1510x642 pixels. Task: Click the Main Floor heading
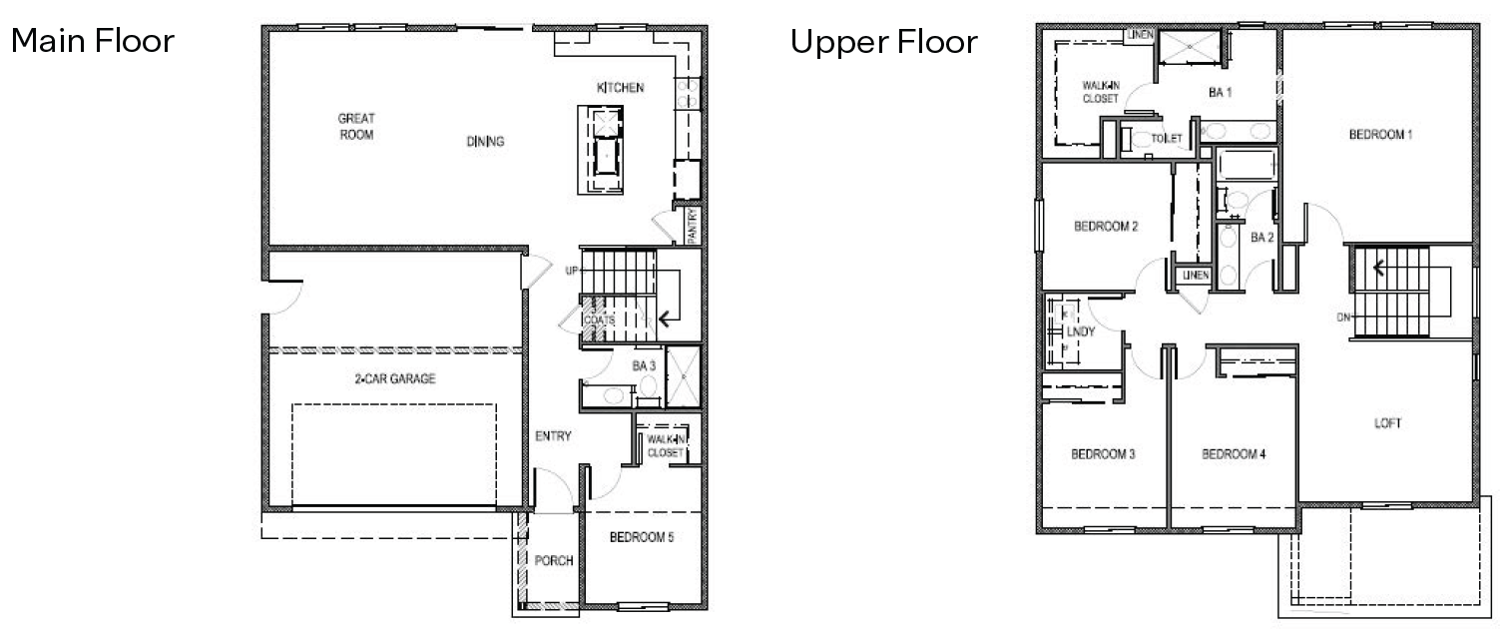pyautogui.click(x=92, y=42)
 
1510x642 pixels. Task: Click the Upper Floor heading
pyautogui.click(x=883, y=43)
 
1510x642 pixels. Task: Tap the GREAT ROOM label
pyautogui.click(x=356, y=127)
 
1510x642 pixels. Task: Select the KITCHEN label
pyautogui.click(x=620, y=88)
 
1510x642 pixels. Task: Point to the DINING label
pyautogui.click(x=485, y=142)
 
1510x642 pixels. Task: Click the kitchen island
pyautogui.click(x=604, y=151)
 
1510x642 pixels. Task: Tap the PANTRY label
pyautogui.click(x=690, y=225)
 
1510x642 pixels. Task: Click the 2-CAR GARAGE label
pyautogui.click(x=395, y=379)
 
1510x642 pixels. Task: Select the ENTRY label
pyautogui.click(x=553, y=436)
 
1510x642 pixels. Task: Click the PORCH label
pyautogui.click(x=554, y=561)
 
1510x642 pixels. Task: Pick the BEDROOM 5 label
pyautogui.click(x=642, y=538)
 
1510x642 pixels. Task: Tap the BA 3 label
pyautogui.click(x=644, y=366)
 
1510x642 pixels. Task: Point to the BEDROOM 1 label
pyautogui.click(x=1380, y=135)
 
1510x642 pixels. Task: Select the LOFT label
pyautogui.click(x=1387, y=423)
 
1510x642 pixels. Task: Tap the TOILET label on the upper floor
pyautogui.click(x=1167, y=139)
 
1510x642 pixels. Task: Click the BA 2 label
pyautogui.click(x=1262, y=238)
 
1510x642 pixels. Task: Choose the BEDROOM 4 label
pyautogui.click(x=1234, y=454)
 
